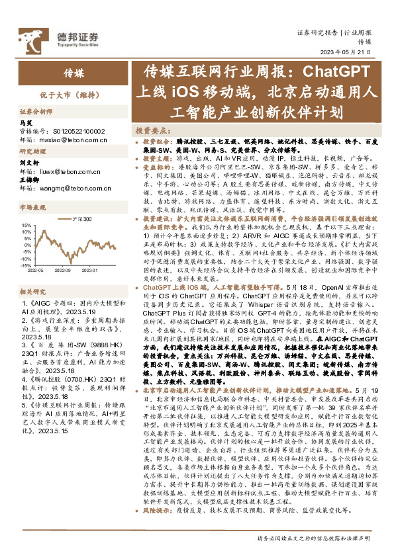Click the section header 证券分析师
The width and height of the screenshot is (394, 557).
(x=32, y=112)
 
